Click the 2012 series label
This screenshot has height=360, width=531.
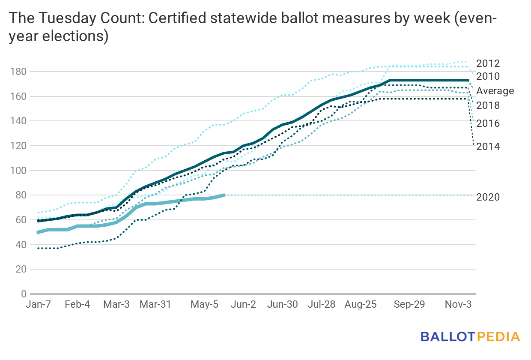tap(488, 64)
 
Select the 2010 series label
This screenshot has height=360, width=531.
tap(488, 77)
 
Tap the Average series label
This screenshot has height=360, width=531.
tap(495, 91)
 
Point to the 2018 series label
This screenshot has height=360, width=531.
tap(488, 105)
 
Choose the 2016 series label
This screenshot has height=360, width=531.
tap(488, 123)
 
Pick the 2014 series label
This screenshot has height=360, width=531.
tap(488, 147)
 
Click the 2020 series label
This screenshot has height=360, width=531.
tap(488, 197)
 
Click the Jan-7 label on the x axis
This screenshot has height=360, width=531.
tap(38, 305)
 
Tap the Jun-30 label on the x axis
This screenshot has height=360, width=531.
tap(282, 305)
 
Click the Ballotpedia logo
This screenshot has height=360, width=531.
tap(470, 336)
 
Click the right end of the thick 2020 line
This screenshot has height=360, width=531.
tap(224, 195)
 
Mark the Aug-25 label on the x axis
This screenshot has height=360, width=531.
tap(361, 305)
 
